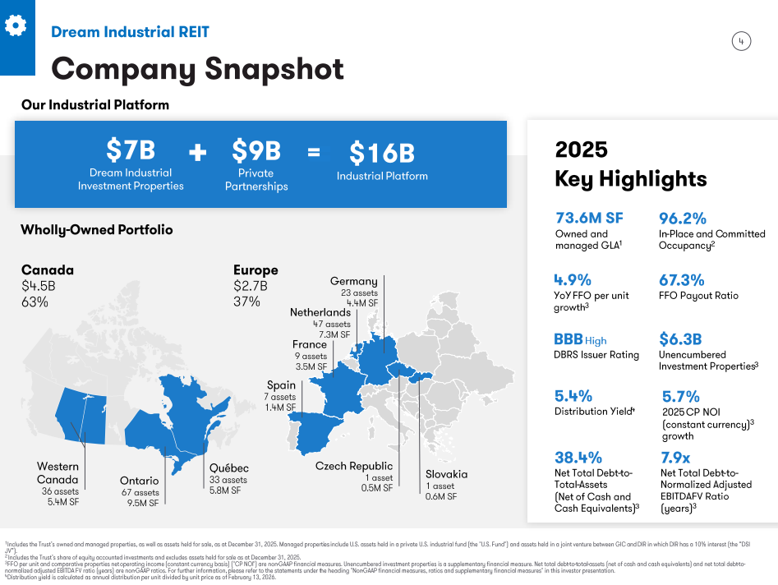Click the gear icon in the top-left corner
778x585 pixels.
[x=16, y=25]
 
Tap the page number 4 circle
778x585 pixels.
[x=741, y=42]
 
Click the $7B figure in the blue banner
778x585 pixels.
[x=131, y=150]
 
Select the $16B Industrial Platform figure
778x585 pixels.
[x=382, y=153]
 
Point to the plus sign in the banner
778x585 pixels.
[x=197, y=153]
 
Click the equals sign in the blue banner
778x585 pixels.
[x=314, y=152]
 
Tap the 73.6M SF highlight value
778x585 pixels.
[x=589, y=218]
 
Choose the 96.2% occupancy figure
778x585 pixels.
[x=683, y=218]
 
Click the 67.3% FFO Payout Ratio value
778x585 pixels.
[x=682, y=279]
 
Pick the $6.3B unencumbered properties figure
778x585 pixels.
[x=680, y=339]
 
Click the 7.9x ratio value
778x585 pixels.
[x=675, y=457]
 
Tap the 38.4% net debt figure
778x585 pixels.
[x=578, y=457]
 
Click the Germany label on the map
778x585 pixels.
[x=353, y=281]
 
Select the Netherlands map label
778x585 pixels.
[x=320, y=312]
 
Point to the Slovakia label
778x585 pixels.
[x=446, y=474]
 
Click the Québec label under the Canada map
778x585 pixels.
[x=228, y=468]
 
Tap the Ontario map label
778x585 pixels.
[x=139, y=481]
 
